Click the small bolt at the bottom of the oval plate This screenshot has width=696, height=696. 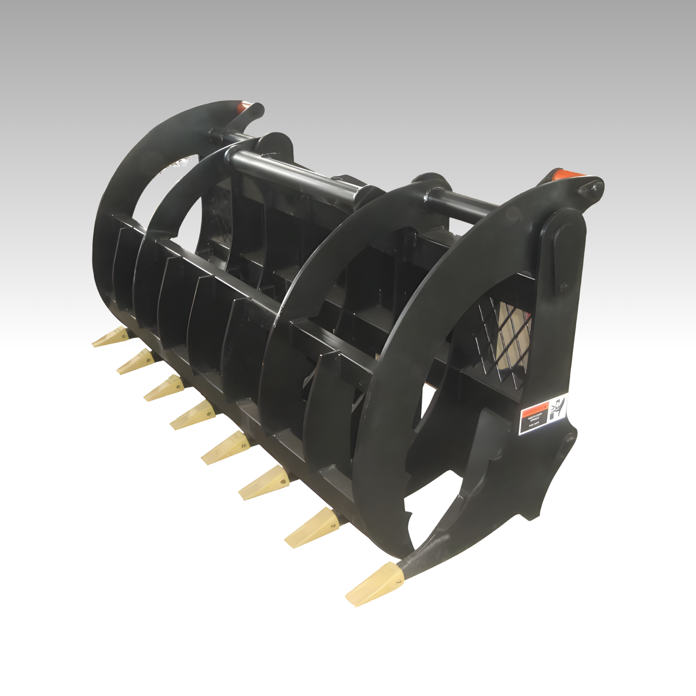pyautogui.click(x=563, y=286)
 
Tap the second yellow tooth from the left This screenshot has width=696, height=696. pyautogui.click(x=135, y=361)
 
